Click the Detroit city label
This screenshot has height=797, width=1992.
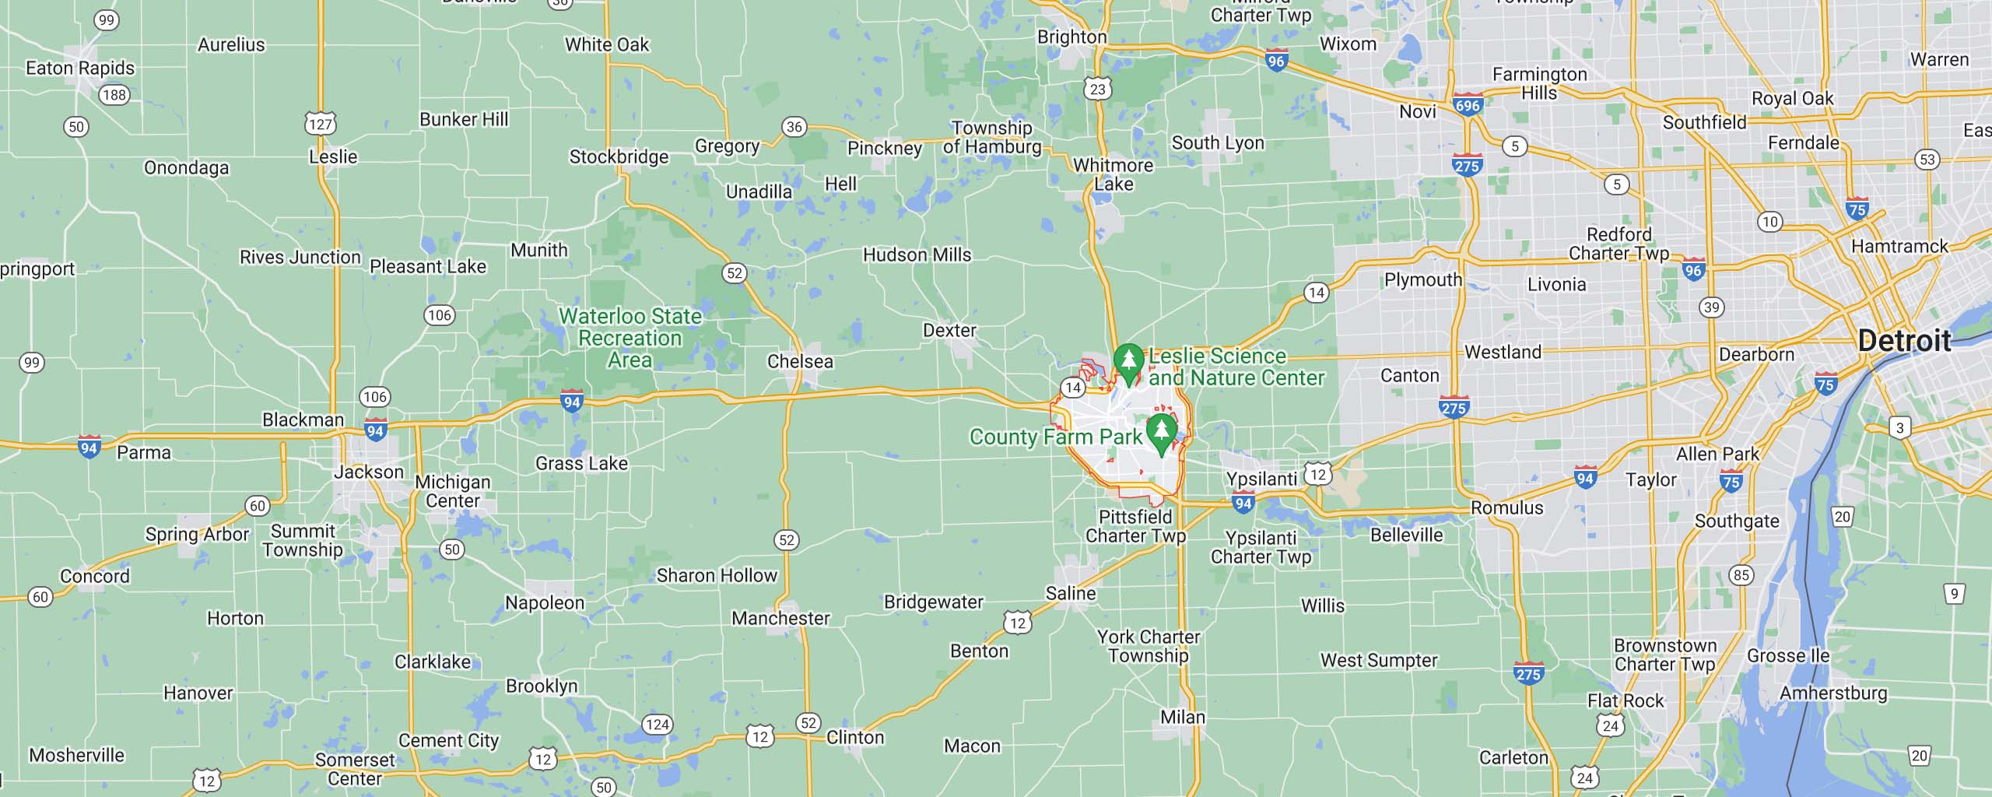pyautogui.click(x=1904, y=341)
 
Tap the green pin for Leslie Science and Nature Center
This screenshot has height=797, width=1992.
pyautogui.click(x=1128, y=361)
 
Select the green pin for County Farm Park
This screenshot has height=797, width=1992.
pyautogui.click(x=1161, y=432)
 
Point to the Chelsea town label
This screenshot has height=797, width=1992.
pyautogui.click(x=800, y=361)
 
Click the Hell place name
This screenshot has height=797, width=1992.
pyautogui.click(x=840, y=184)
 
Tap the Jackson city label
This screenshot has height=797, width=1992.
pyautogui.click(x=369, y=472)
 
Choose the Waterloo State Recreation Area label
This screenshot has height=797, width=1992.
pyautogui.click(x=630, y=338)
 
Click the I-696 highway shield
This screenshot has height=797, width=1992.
pyautogui.click(x=1468, y=104)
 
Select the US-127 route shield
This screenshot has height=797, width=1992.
pyautogui.click(x=320, y=124)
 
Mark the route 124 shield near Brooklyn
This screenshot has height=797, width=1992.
pyautogui.click(x=658, y=725)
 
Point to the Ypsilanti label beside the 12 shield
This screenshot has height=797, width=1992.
pyautogui.click(x=1261, y=478)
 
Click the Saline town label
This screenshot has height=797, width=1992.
pyautogui.click(x=1071, y=593)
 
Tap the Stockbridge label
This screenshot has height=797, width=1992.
pyautogui.click(x=619, y=156)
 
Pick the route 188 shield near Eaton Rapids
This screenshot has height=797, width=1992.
pyautogui.click(x=114, y=95)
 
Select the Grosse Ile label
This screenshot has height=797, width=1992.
pyautogui.click(x=1788, y=655)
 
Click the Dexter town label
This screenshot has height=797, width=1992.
pyautogui.click(x=949, y=330)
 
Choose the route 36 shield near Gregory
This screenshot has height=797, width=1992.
pyautogui.click(x=794, y=127)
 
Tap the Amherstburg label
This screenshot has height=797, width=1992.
pyautogui.click(x=1833, y=693)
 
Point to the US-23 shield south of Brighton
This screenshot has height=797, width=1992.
pyautogui.click(x=1097, y=89)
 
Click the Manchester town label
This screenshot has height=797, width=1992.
pyautogui.click(x=780, y=618)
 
